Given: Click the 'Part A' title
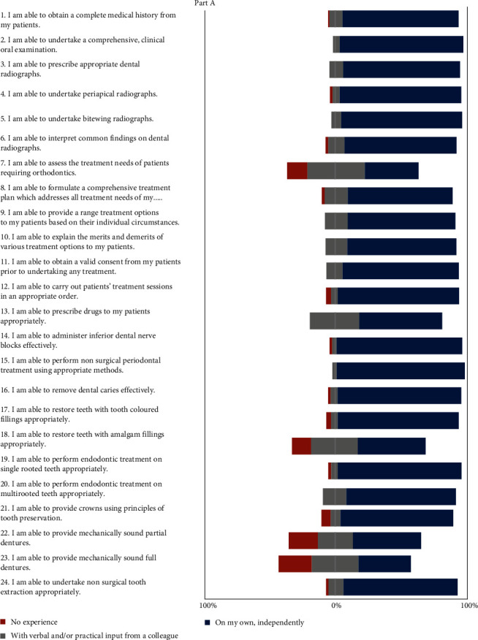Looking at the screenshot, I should point(211,4).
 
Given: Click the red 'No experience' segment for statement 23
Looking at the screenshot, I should point(295,563).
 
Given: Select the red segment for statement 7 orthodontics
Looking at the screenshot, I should point(297,170).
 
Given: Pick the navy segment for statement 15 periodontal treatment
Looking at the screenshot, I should point(401,370).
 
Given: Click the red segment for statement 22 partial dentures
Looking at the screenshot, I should point(303,540).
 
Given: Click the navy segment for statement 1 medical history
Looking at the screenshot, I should point(401,19).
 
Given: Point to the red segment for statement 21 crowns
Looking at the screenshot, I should point(325,518).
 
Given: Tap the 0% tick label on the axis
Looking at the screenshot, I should point(336,606).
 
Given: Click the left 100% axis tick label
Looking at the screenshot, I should point(208,606).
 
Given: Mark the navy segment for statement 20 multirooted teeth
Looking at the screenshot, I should point(401,497).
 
